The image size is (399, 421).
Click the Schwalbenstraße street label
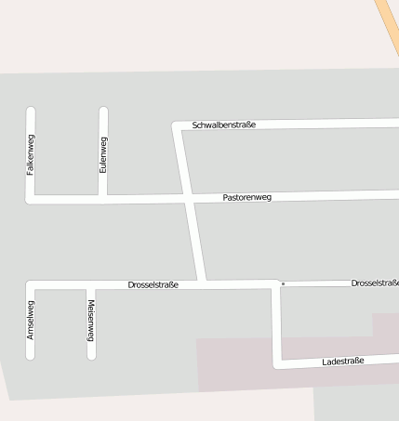click(223, 125)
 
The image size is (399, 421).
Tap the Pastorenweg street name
click(246, 197)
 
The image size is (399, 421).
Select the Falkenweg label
click(31, 155)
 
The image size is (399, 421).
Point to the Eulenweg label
click(103, 154)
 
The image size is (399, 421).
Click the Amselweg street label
click(31, 319)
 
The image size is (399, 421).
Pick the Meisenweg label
click(91, 319)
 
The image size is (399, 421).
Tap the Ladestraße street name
click(342, 361)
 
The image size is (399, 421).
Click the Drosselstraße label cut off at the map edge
click(375, 283)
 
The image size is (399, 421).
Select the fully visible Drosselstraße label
click(153, 284)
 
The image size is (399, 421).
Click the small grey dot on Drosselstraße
click(283, 283)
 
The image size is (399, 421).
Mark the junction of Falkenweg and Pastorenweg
click(31, 198)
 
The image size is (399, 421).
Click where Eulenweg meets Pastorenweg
click(103, 198)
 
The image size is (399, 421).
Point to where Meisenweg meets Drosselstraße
click(91, 284)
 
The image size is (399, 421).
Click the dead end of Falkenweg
click(31, 112)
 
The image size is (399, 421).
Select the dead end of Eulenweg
click(103, 112)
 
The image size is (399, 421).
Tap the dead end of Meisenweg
click(91, 355)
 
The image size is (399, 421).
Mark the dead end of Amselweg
click(31, 355)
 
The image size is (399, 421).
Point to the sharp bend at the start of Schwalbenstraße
click(177, 125)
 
